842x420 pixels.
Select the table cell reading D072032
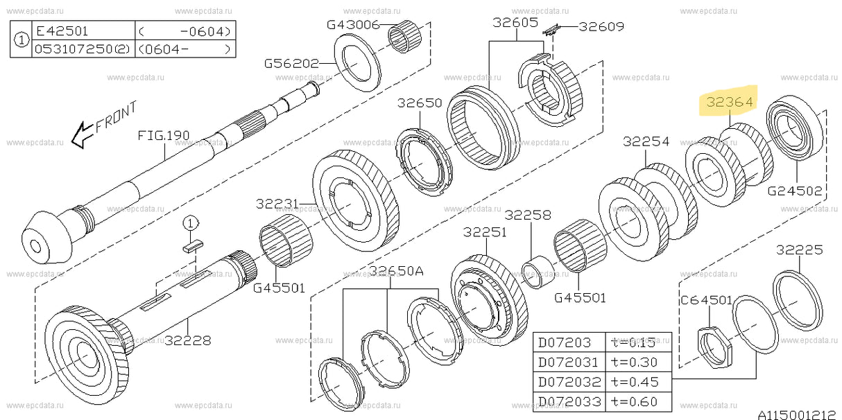point(565,381)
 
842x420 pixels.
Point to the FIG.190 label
point(164,135)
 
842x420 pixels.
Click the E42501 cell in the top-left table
point(64,31)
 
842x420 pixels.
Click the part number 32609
point(601,27)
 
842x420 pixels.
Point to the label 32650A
point(395,271)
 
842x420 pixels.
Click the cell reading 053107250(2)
point(81,49)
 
